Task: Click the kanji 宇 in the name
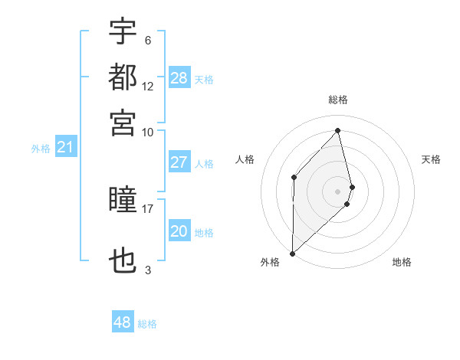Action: click(123, 31)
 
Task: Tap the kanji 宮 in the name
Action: click(123, 123)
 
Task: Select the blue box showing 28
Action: click(179, 78)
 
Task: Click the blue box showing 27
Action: click(179, 162)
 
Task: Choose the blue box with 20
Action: click(179, 232)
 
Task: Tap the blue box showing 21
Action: click(65, 148)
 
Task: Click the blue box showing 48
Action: click(123, 322)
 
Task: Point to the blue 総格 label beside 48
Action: click(147, 324)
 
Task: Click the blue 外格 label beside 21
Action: click(41, 149)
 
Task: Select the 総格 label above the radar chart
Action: click(338, 100)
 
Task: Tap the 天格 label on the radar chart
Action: click(432, 159)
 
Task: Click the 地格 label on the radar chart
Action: click(402, 262)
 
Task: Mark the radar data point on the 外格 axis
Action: click(292, 253)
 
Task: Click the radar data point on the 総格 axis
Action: click(338, 130)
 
